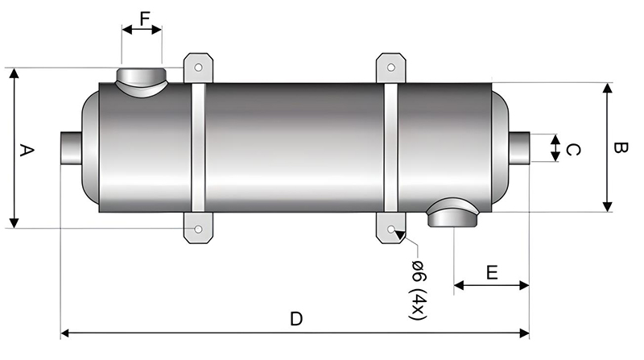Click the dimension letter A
[x=27, y=150]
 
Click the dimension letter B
[x=620, y=147]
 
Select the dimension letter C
[x=573, y=150]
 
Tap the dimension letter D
[x=296, y=319]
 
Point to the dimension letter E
[x=492, y=272]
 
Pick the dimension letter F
[x=145, y=19]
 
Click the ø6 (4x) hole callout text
[x=418, y=290]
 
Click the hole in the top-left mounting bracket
[x=198, y=67]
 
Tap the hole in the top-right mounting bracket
[x=391, y=67]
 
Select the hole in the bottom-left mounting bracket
[x=198, y=229]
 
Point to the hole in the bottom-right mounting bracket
[x=391, y=229]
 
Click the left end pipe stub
[x=72, y=148]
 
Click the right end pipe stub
[x=519, y=148]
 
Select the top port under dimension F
[x=142, y=82]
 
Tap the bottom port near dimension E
[x=452, y=213]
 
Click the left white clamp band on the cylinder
[x=198, y=148]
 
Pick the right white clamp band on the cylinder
[x=391, y=148]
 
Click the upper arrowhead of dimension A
[x=14, y=73]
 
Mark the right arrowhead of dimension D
[x=525, y=333]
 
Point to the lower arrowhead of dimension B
[x=608, y=207]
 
